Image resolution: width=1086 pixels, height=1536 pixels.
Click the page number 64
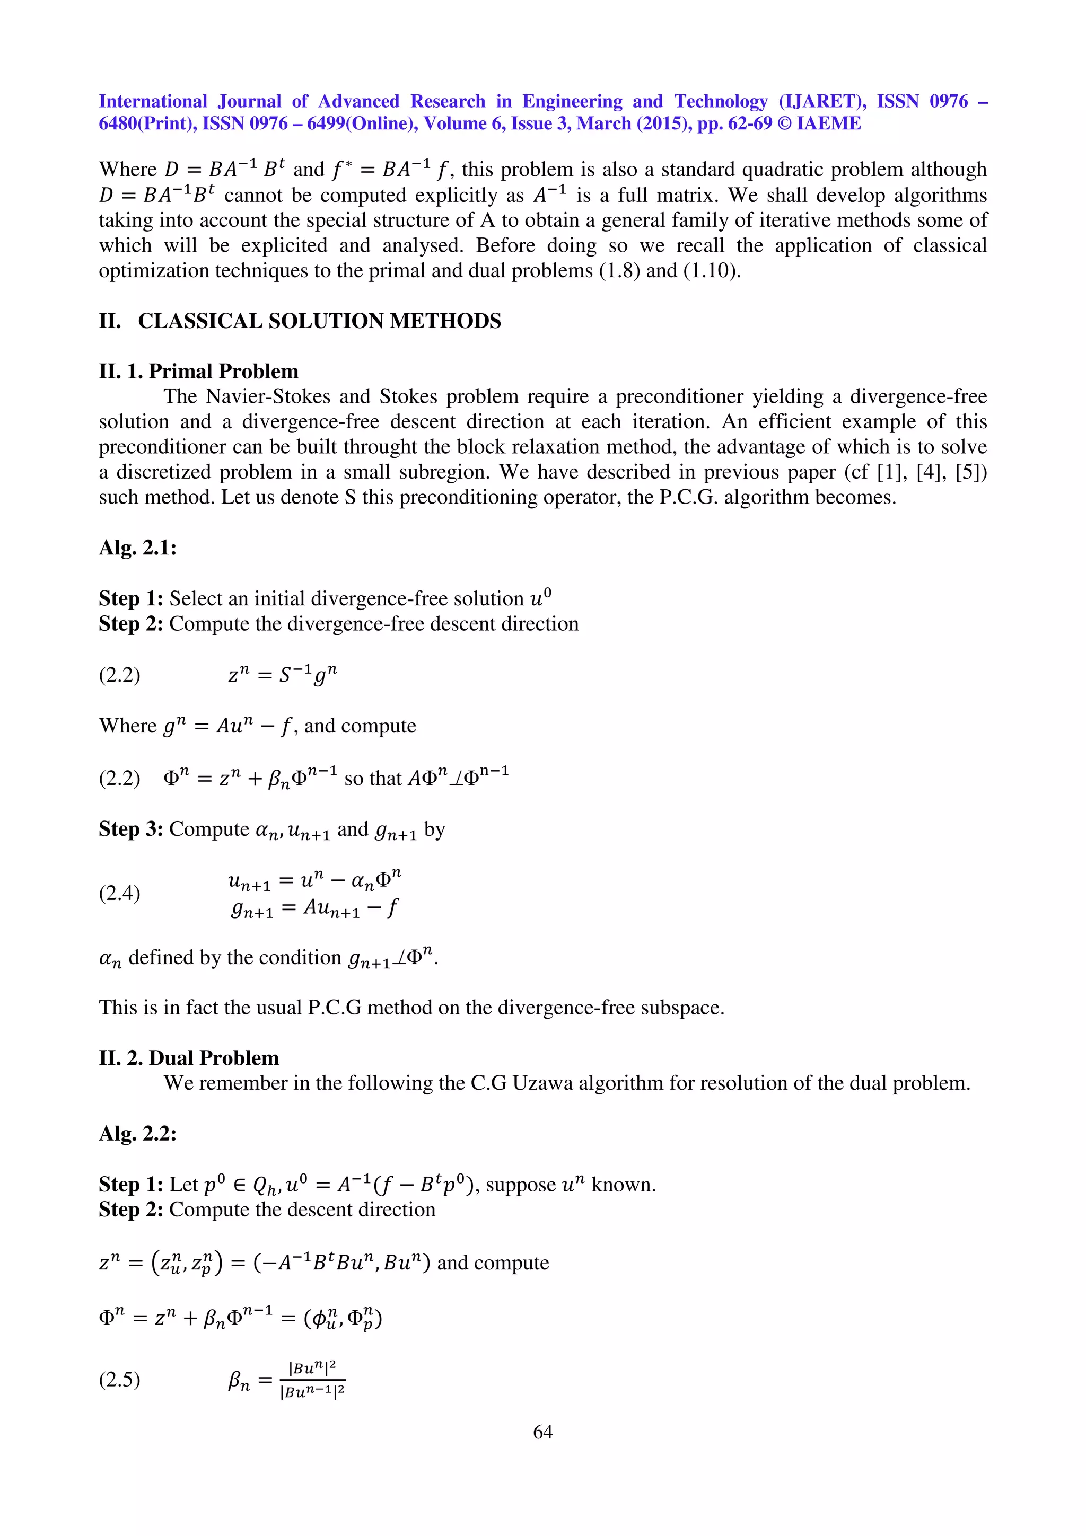[x=542, y=1431]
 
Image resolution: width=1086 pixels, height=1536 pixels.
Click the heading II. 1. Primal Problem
[x=198, y=372]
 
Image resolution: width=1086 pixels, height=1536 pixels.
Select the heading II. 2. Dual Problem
[x=189, y=1058]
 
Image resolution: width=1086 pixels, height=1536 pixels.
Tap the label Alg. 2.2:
[x=137, y=1133]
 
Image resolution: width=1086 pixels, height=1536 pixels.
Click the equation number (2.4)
[x=119, y=893]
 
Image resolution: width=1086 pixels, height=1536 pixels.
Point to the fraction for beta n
[x=312, y=1380]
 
